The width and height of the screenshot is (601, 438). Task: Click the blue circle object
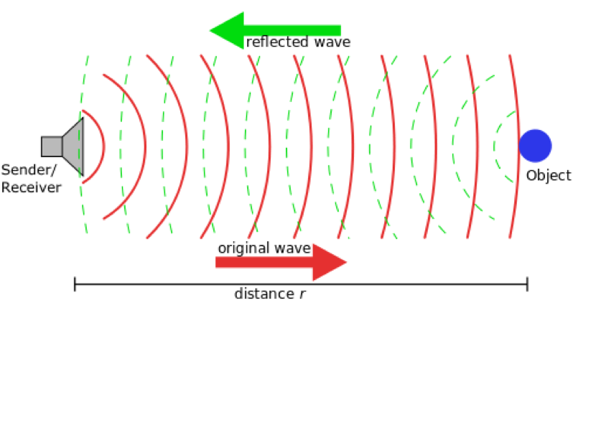[x=535, y=146]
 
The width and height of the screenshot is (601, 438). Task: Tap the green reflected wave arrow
[x=275, y=30]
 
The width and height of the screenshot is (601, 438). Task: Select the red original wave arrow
[x=281, y=262]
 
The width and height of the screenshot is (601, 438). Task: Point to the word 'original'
[x=243, y=248]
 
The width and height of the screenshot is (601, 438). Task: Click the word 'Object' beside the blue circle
[x=549, y=175]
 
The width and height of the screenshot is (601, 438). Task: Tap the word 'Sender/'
[x=29, y=169]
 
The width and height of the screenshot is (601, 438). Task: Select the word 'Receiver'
[x=32, y=187]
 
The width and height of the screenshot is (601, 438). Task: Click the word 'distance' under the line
[x=264, y=294]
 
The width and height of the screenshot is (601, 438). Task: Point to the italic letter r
[x=302, y=294]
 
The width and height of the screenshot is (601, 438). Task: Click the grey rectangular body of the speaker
[x=52, y=146]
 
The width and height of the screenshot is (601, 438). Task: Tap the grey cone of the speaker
[x=73, y=146]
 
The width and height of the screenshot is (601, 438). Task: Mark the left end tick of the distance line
[x=75, y=284]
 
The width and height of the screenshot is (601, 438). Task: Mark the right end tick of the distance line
[x=528, y=284]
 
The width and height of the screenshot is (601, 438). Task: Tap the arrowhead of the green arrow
[x=226, y=30]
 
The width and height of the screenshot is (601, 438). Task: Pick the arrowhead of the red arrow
[x=330, y=262]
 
